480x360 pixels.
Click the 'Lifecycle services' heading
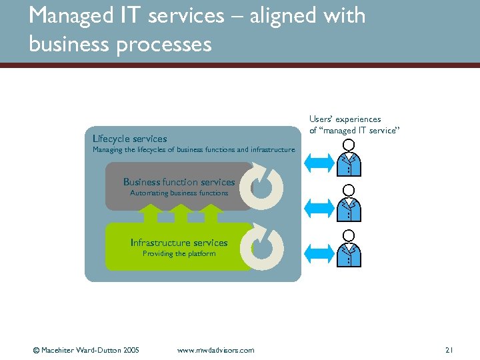tap(129, 139)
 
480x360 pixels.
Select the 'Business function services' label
tap(179, 182)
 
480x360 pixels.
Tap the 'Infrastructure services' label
tap(179, 243)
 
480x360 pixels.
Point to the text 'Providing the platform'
tap(179, 254)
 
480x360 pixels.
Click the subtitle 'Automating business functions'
tap(179, 193)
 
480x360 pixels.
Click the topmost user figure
tap(348, 157)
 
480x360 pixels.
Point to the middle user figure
tap(348, 203)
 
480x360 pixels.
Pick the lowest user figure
tap(348, 248)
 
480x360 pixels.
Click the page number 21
tap(449, 350)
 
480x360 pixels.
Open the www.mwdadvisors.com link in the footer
tap(216, 350)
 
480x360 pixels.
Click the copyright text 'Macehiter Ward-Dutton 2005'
tap(90, 350)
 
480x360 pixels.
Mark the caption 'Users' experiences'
tap(345, 119)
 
